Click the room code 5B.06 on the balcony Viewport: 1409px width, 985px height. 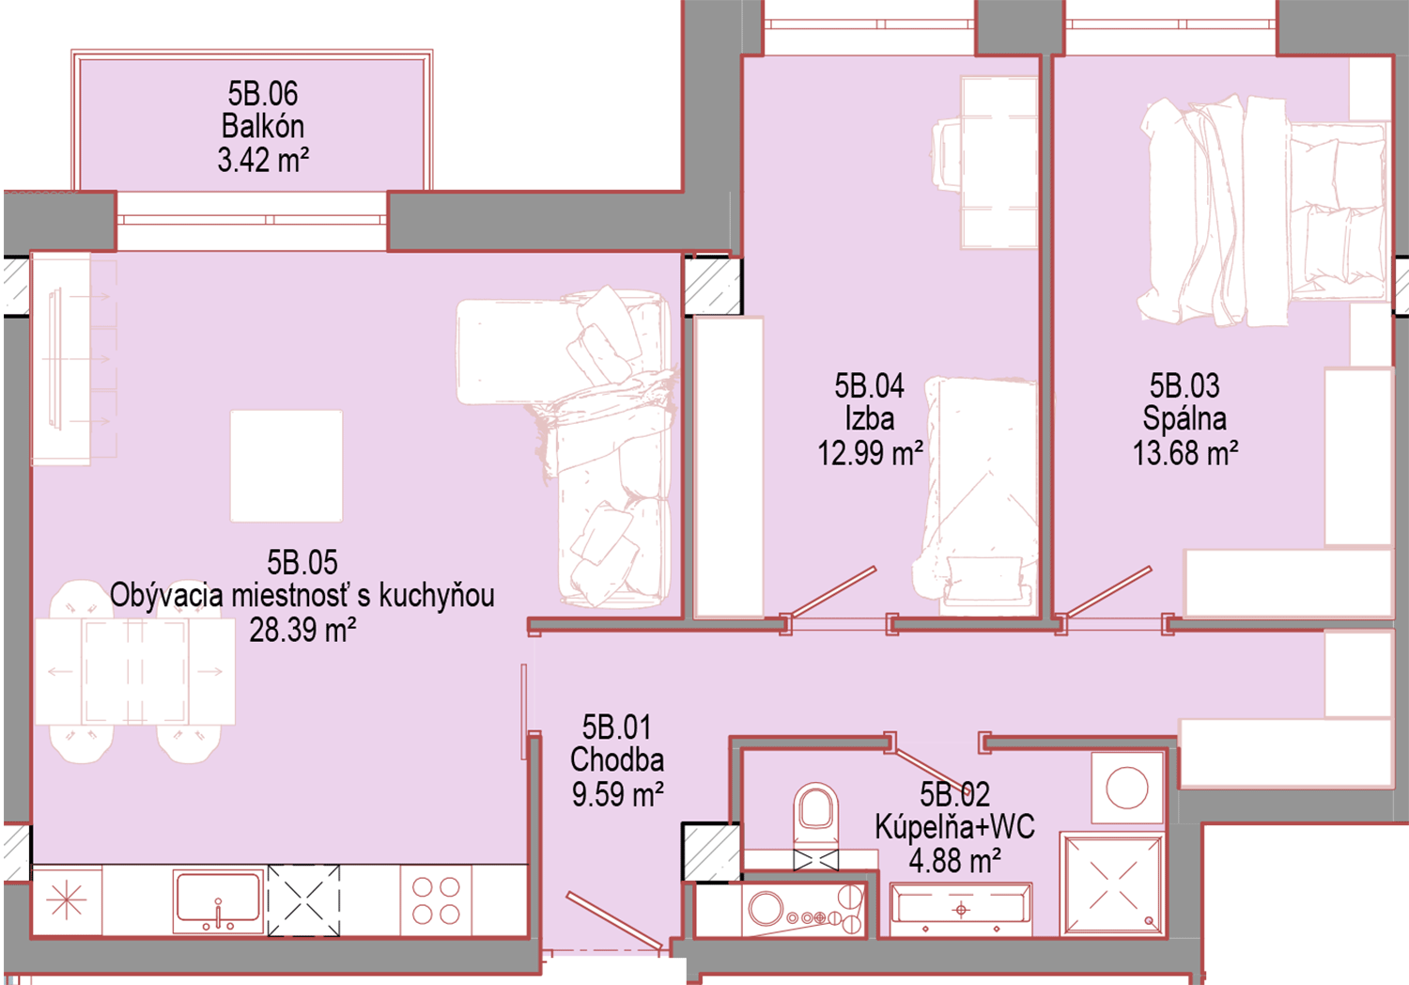click(263, 94)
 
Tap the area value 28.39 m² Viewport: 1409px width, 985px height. click(302, 630)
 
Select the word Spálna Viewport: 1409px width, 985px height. click(1184, 419)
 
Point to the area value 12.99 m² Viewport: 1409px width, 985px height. click(870, 453)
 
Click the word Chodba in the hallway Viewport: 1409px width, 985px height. click(617, 759)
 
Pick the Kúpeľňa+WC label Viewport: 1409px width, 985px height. click(955, 827)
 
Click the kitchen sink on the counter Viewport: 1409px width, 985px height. click(218, 901)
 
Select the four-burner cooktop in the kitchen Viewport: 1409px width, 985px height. click(436, 900)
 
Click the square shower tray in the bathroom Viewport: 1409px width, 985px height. click(1112, 884)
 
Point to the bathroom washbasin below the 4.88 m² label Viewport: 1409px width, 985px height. click(961, 910)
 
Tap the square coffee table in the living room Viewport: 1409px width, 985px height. click(286, 466)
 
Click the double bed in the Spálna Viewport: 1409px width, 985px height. click(1264, 211)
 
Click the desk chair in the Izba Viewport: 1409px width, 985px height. click(947, 155)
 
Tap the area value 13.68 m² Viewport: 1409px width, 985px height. click(1185, 453)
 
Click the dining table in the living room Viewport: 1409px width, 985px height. click(135, 671)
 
